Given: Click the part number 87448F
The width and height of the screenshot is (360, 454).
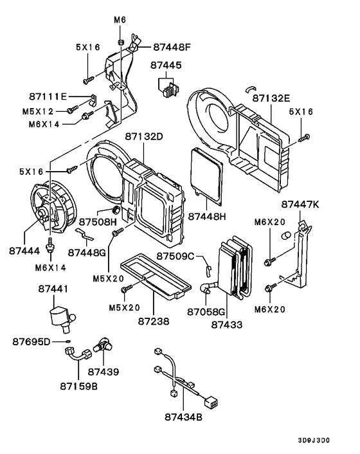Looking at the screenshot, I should click(x=172, y=47).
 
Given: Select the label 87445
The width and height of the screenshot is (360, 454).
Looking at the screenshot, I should click(x=166, y=66).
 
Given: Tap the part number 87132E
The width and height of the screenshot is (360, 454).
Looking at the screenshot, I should click(x=271, y=98).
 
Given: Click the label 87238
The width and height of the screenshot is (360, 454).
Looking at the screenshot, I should click(x=154, y=319).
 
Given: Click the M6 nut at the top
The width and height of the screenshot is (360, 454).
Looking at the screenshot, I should click(x=120, y=42).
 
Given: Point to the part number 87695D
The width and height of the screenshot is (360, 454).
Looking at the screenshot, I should click(x=31, y=341).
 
